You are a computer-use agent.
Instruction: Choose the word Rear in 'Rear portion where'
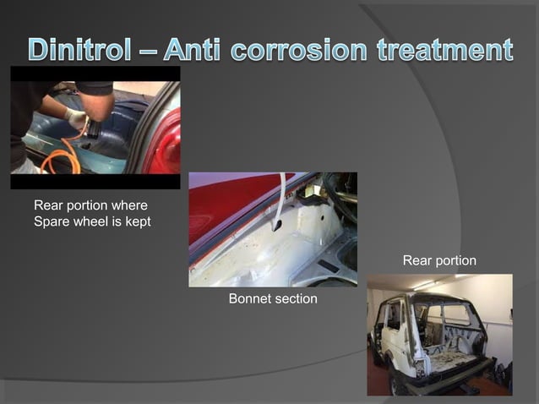coord(48,205)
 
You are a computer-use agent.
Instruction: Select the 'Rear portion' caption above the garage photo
coord(439,260)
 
